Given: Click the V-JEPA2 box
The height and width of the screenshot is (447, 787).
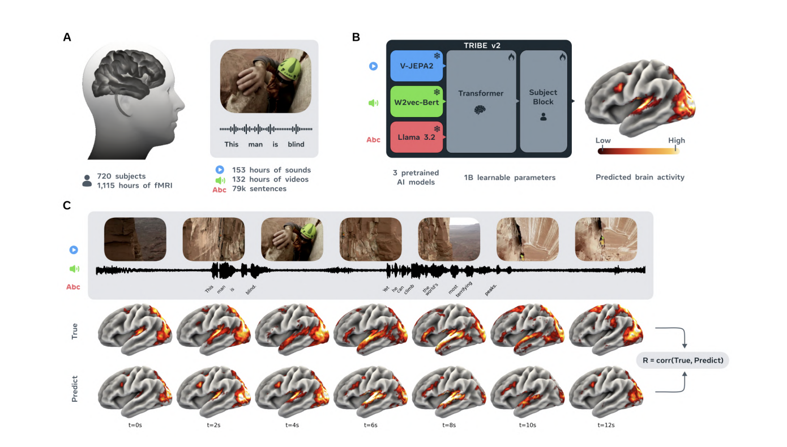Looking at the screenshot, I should pos(417,66).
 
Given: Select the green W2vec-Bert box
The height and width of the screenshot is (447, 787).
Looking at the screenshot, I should pos(417,102).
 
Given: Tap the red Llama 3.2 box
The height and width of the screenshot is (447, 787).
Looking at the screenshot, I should pos(417,136).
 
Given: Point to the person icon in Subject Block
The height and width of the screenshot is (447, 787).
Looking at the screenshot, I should pos(543,117).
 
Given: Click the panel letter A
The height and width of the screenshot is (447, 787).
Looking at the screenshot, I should pos(67,37).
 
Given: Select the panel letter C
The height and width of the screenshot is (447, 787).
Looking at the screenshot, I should pos(67,205).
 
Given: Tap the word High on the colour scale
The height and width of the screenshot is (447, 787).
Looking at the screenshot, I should pos(676,140).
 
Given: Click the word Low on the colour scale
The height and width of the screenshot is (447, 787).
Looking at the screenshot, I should pos(603,140).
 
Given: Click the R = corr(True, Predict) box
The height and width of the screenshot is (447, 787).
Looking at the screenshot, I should pos(683,360).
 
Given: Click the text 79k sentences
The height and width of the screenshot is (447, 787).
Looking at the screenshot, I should pos(259,188).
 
